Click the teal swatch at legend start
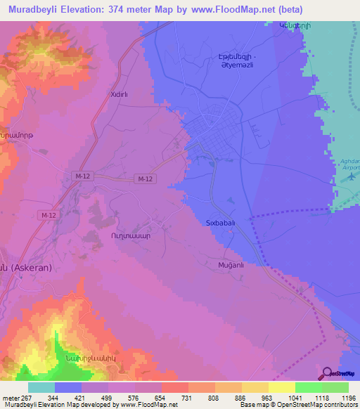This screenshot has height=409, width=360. (x=41, y=387)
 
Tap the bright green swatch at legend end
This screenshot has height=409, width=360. (x=335, y=387)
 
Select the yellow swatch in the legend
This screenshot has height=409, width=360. (x=281, y=387)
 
